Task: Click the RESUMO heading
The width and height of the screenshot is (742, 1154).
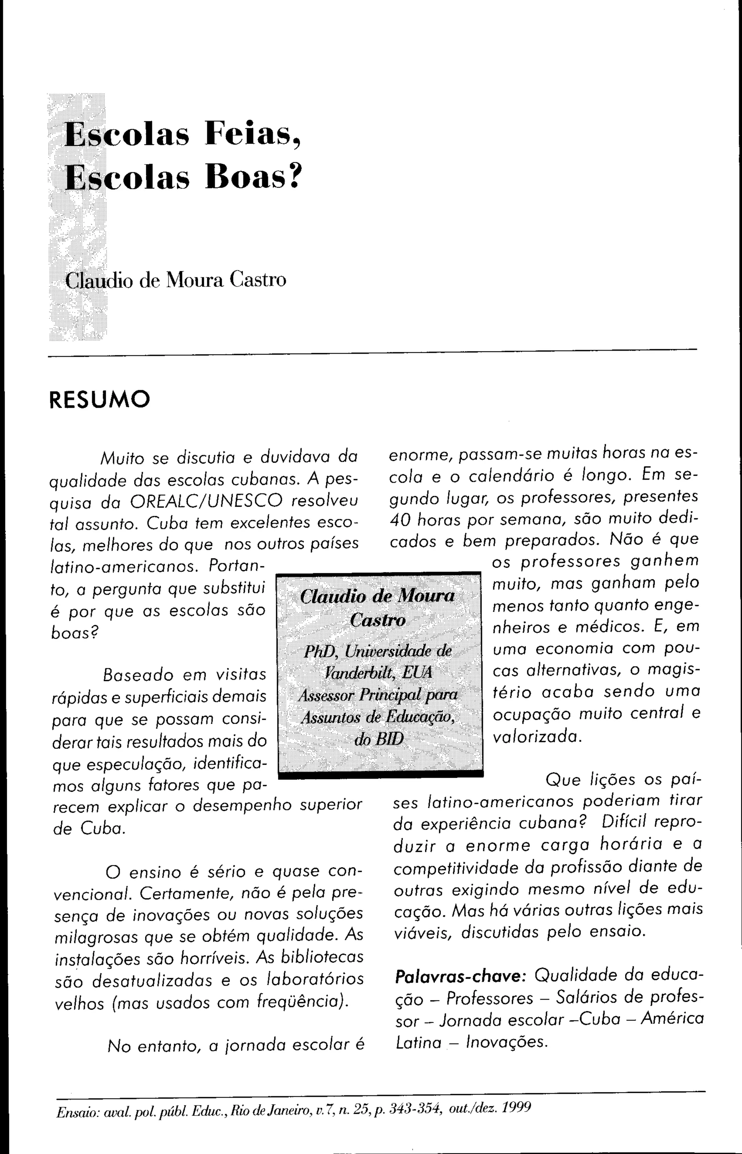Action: (100, 399)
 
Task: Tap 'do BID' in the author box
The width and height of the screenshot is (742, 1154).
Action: (378, 739)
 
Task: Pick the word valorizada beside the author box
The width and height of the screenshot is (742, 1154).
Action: (537, 736)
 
